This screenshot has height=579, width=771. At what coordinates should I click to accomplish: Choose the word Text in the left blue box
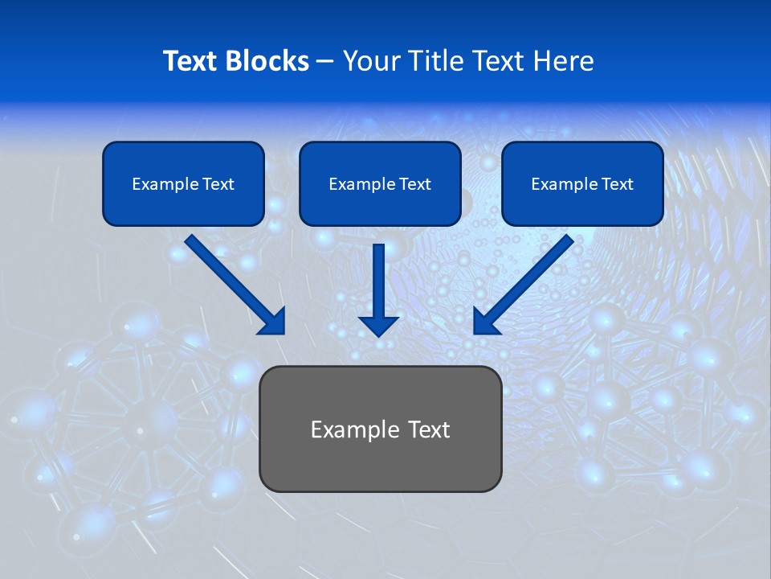coord(218,184)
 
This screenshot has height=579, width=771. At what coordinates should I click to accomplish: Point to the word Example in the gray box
coord(353,429)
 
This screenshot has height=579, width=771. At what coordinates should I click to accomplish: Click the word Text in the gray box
coord(428,429)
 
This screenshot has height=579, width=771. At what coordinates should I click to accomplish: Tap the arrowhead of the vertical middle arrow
coord(379,325)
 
